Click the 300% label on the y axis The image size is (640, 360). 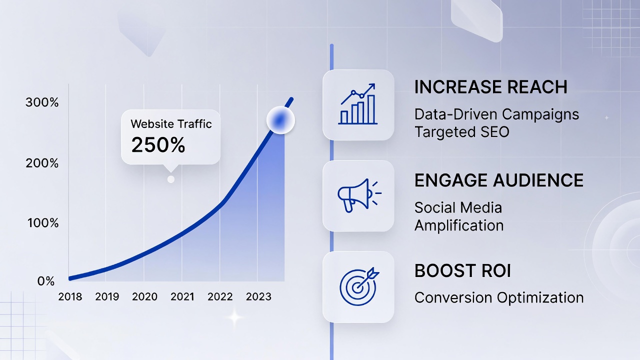[42, 103]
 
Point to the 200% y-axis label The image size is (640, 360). [42, 163]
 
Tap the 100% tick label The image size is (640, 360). [42, 222]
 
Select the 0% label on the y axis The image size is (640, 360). [46, 281]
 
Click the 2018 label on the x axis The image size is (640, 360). [70, 296]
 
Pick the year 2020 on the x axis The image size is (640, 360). [144, 296]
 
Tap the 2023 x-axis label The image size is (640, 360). [258, 296]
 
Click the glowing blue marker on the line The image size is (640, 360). [280, 120]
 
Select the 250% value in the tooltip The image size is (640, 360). [158, 145]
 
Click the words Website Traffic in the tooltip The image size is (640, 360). [171, 123]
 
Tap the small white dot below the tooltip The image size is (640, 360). [171, 179]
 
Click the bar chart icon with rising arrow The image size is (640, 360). [358, 104]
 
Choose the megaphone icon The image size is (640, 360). [358, 195]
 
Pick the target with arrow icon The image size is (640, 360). [358, 286]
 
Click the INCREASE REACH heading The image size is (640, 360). [491, 87]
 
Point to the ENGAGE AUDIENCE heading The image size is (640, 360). [499, 180]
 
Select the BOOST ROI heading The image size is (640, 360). [462, 271]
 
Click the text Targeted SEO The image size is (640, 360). [461, 132]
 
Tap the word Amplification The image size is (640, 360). [459, 225]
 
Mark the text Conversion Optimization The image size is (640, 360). [499, 297]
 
